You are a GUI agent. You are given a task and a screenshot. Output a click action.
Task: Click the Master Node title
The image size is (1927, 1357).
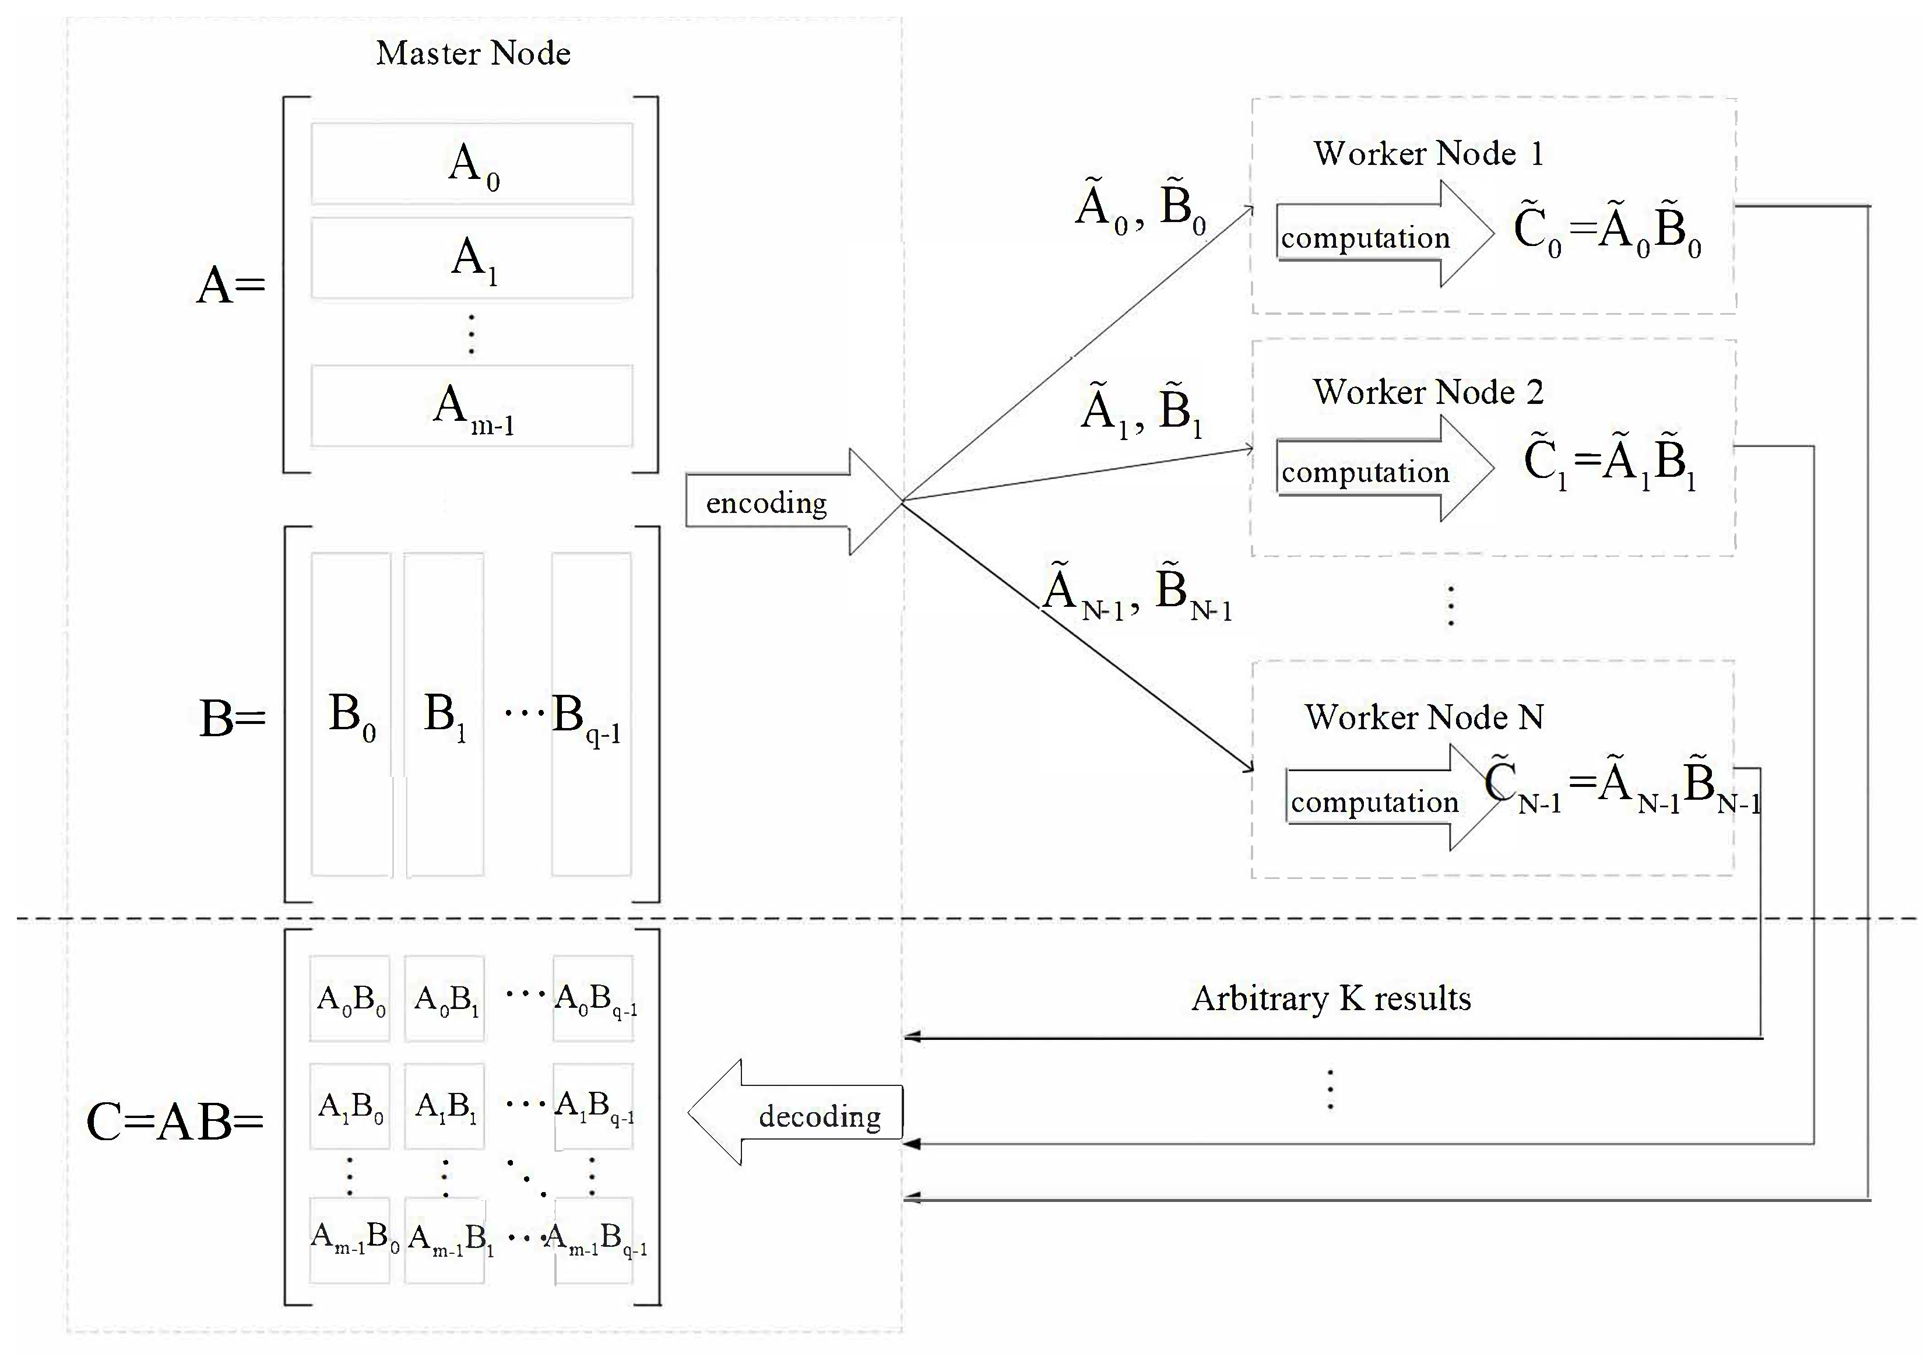click(473, 53)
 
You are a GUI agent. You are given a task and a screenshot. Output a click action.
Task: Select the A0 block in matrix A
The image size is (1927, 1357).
click(472, 164)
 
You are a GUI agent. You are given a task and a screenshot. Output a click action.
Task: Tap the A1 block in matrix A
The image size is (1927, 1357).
click(472, 258)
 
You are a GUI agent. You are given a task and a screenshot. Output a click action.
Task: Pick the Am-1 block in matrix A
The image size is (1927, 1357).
click(472, 406)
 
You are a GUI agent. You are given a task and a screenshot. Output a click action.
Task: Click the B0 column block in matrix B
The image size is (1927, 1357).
click(351, 714)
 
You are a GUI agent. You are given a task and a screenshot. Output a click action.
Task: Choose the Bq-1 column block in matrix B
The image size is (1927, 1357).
click(591, 714)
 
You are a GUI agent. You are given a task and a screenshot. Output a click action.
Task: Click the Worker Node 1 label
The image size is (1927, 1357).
click(1427, 153)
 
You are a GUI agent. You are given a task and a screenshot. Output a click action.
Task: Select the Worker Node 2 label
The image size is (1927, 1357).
click(1427, 392)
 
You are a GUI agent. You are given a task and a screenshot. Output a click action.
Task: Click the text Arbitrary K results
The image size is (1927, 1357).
click(1331, 999)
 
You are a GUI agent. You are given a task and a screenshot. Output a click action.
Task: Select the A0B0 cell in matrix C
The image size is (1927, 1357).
click(350, 999)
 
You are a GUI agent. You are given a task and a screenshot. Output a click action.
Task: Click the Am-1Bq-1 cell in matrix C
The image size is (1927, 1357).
click(594, 1239)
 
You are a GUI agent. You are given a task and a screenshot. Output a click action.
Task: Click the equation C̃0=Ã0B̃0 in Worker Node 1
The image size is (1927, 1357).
click(1606, 231)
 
